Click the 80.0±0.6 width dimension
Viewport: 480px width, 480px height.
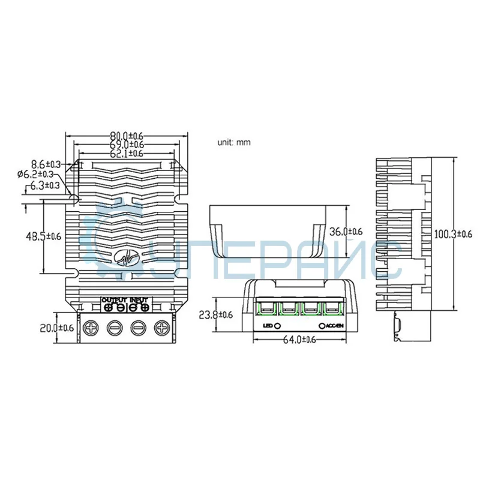pyautogui.click(x=127, y=136)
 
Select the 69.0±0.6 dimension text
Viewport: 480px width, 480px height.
pyautogui.click(x=127, y=145)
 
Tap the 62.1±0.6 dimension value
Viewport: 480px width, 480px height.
pyautogui.click(x=127, y=154)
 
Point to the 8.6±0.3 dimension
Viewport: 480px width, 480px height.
pyautogui.click(x=46, y=164)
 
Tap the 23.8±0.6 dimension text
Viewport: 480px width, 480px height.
pyautogui.click(x=215, y=314)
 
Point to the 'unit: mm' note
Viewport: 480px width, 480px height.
pyautogui.click(x=233, y=143)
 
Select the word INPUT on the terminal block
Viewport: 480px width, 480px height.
pyautogui.click(x=139, y=299)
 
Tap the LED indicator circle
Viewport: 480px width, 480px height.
pyautogui.click(x=278, y=326)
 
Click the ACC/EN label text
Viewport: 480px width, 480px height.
pyautogui.click(x=335, y=326)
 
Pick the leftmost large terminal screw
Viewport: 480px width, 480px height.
pyautogui.click(x=92, y=328)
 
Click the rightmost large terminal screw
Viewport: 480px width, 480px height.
pyautogui.click(x=161, y=328)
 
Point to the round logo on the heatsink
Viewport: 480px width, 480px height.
pyautogui.click(x=127, y=257)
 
